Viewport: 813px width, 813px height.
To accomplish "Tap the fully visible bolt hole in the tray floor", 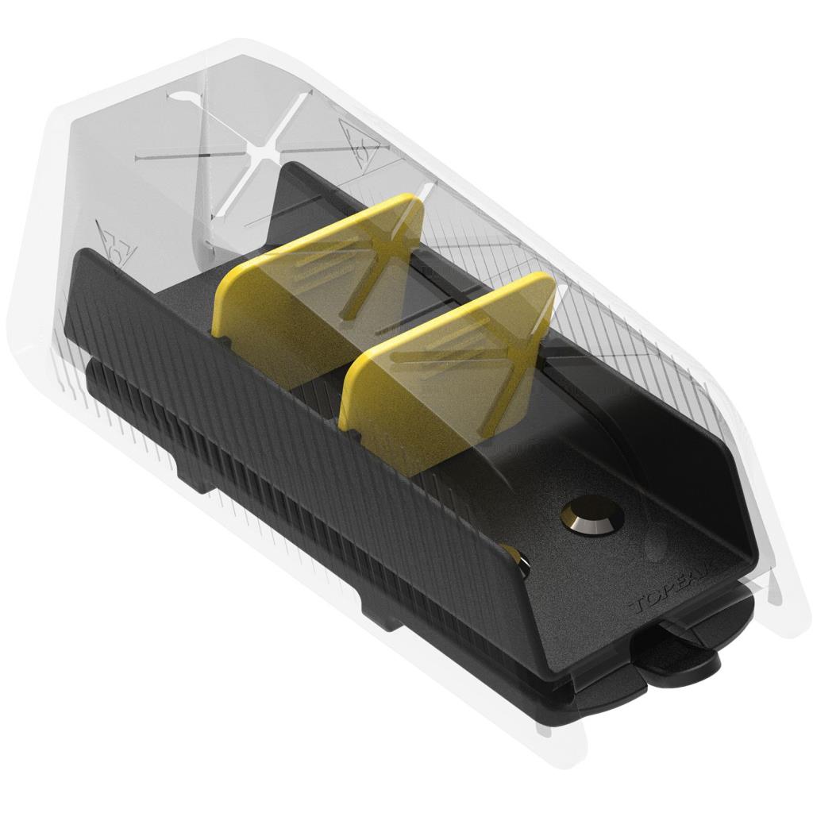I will pyautogui.click(x=591, y=516).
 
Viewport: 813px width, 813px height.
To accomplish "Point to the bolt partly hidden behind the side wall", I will pyautogui.click(x=517, y=561).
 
